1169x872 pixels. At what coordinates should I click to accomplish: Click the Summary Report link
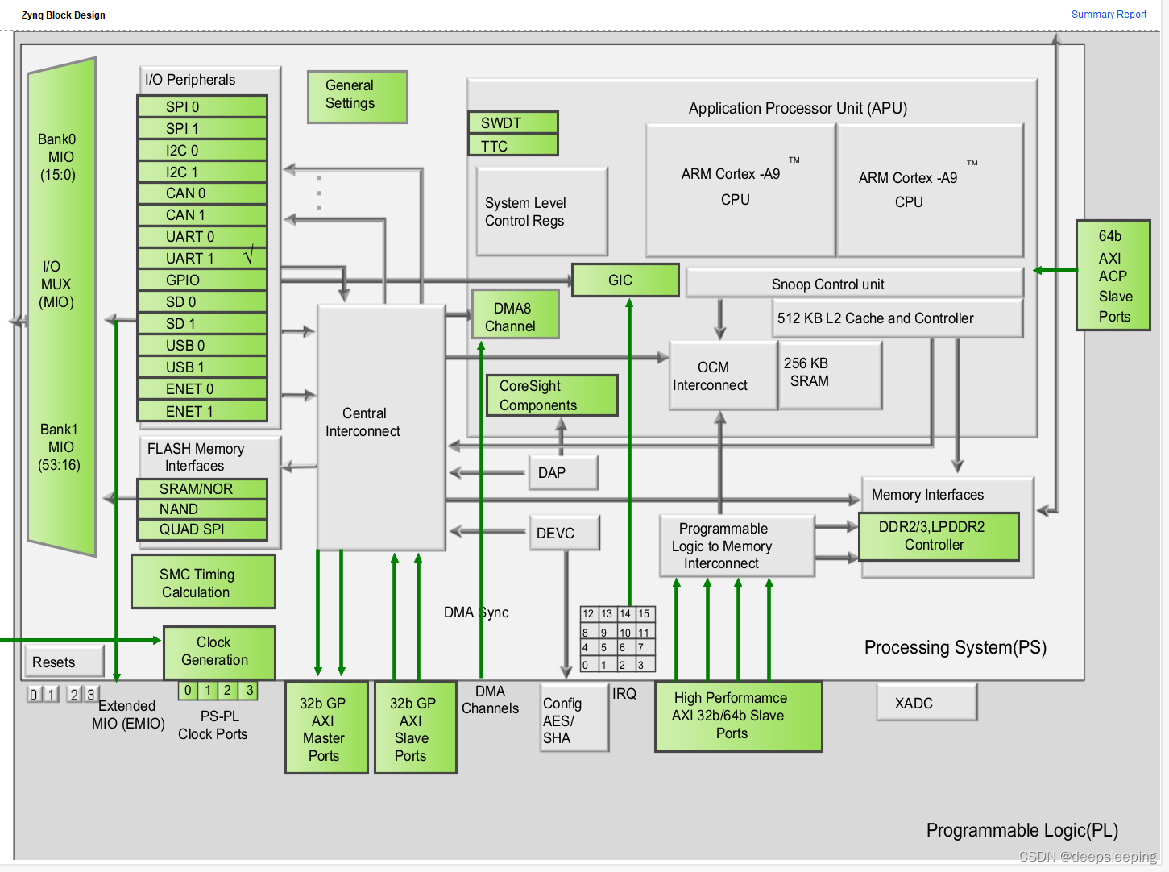pos(1109,15)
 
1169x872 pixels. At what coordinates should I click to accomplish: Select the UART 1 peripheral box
pos(193,259)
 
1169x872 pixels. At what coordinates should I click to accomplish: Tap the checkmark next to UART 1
pos(249,257)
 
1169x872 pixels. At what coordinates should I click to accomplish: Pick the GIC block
pos(625,280)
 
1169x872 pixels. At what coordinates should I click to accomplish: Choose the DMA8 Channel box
pos(515,317)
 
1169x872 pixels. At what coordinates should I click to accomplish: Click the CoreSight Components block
pos(552,396)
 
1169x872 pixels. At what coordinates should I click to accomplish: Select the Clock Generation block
pos(219,652)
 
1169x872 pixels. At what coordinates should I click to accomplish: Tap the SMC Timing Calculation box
pos(203,582)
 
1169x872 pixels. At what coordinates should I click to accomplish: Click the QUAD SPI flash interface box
pos(201,529)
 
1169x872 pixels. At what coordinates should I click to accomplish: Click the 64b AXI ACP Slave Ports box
pos(1113,276)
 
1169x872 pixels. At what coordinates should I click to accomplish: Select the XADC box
pos(926,703)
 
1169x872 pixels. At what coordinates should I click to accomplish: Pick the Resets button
pos(64,662)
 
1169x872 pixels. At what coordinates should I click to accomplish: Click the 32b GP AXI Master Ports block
pos(326,728)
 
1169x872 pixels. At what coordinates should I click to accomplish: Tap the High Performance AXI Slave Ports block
pos(738,716)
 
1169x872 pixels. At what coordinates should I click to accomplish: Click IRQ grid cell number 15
pos(645,614)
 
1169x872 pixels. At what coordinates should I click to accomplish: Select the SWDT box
pos(512,122)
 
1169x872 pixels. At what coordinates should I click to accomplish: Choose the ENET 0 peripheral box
pos(201,389)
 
